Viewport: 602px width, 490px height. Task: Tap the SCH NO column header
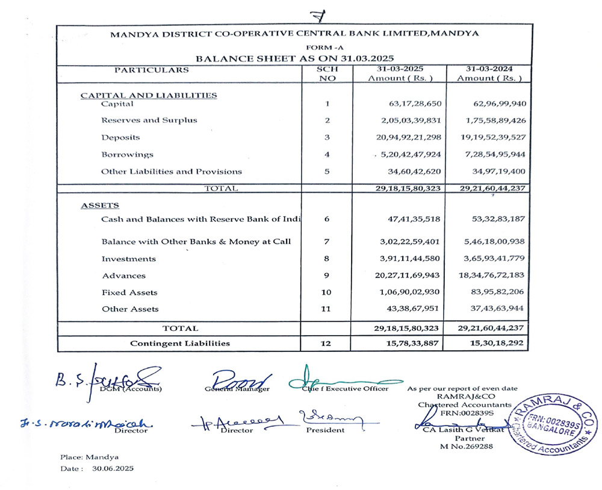[x=326, y=74]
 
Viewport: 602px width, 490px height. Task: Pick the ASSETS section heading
[x=100, y=206]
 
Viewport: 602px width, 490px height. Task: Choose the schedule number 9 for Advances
[x=326, y=275]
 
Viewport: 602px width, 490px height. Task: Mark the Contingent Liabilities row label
[x=181, y=344]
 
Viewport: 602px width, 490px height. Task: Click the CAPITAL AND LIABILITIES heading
[x=149, y=95]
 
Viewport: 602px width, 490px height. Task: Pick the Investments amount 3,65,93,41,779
[x=491, y=259]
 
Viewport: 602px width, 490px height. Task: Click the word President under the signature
[x=325, y=430]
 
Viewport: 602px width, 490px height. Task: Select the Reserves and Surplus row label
[x=149, y=120]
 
